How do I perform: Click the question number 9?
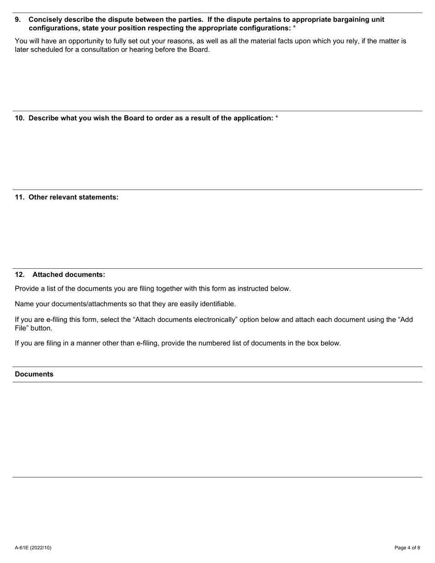pyautogui.click(x=18, y=20)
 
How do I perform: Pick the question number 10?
pyautogui.click(x=20, y=118)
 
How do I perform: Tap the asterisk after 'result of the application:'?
pyautogui.click(x=277, y=118)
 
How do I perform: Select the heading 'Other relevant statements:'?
pyautogui.click(x=73, y=197)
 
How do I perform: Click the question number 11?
pyautogui.click(x=20, y=197)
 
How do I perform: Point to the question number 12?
pyautogui.click(x=20, y=275)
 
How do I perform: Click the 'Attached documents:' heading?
pyautogui.click(x=69, y=275)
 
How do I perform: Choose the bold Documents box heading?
pyautogui.click(x=34, y=374)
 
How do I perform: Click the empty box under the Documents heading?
pyautogui.click(x=217, y=429)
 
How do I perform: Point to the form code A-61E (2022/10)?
pyautogui.click(x=33, y=547)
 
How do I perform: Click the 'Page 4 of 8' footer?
pyautogui.click(x=407, y=547)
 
